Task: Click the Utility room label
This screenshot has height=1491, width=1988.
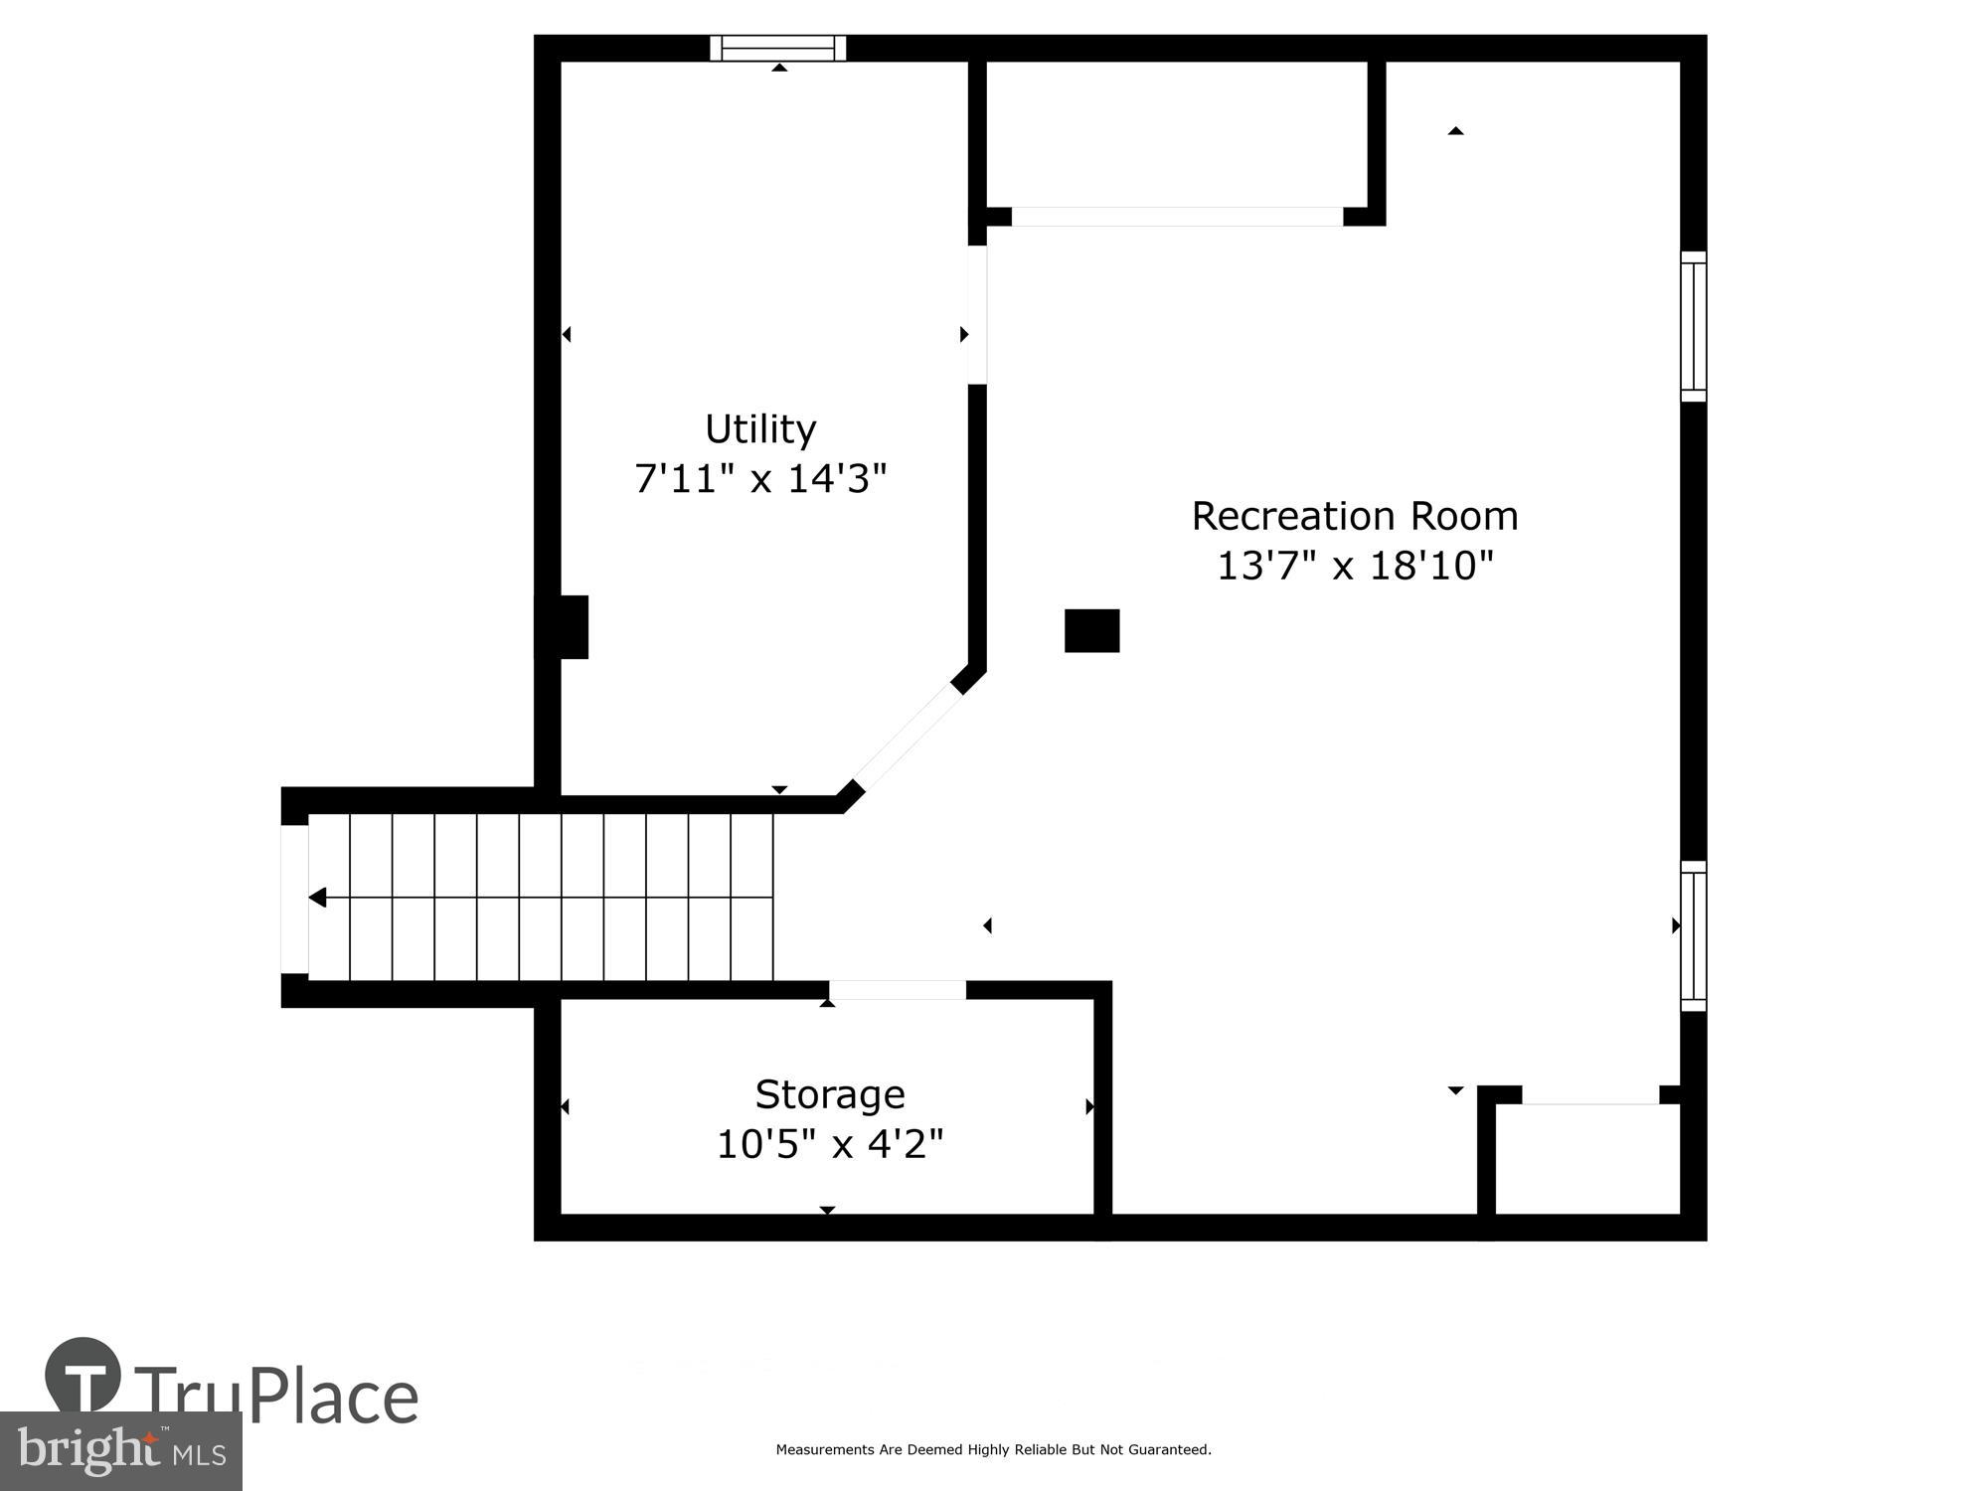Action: coord(760,429)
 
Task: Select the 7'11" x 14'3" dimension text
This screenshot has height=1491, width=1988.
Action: coord(760,479)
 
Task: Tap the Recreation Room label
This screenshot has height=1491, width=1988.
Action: coord(1354,516)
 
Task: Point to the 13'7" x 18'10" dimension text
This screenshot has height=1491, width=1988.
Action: coord(1355,566)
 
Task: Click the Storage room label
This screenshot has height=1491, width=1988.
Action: coord(829,1094)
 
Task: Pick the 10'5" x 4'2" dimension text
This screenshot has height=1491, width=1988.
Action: coord(829,1144)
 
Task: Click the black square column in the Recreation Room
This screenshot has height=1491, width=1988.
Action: coord(1091,631)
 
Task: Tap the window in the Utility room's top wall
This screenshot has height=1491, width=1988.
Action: coord(777,48)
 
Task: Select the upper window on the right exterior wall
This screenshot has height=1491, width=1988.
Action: coord(1693,326)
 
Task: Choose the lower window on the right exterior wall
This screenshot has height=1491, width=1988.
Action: coord(1693,936)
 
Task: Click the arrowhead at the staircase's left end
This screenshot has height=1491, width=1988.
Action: coord(317,898)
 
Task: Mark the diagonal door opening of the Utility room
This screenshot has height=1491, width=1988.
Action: coord(908,737)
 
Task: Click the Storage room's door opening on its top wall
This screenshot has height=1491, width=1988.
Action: coord(897,990)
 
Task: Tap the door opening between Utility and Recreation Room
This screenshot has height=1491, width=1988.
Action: coord(977,314)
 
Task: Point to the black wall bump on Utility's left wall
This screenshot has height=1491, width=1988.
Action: coord(564,627)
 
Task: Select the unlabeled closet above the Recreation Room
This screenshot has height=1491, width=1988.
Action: coord(1176,134)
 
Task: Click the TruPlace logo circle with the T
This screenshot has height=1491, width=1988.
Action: coord(83,1376)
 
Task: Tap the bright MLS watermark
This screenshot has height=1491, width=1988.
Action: coord(121,1451)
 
